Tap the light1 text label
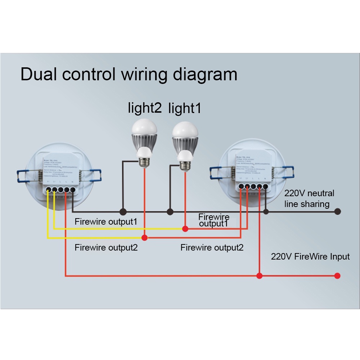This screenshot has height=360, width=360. coord(185,108)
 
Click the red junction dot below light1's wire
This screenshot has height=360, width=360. coord(185,229)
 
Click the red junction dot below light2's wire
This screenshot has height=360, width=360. coord(144,238)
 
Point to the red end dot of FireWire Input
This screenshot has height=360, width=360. coord(337,276)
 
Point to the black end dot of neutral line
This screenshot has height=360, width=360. coord(337,212)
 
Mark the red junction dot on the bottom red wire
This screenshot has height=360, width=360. coord(259,276)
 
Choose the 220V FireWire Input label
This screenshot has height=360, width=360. coord(310,257)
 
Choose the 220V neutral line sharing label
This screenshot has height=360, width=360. coord(309,199)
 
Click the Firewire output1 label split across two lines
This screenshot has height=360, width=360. coord(214,220)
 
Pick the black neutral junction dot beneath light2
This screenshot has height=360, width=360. coord(123,212)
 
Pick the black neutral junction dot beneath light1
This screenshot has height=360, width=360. coord(170,212)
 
